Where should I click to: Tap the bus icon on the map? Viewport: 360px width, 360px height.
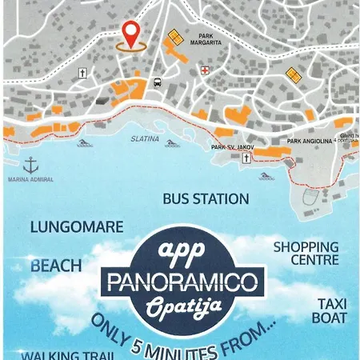(157, 82)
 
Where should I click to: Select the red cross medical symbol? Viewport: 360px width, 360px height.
(204, 71)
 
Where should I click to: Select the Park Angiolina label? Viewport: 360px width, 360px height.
(310, 141)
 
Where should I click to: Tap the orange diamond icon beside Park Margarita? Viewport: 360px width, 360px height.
(174, 38)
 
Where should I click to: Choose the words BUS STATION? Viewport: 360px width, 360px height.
(206, 198)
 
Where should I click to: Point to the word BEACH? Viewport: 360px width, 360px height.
(56, 265)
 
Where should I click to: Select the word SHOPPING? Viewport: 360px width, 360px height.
(306, 247)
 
